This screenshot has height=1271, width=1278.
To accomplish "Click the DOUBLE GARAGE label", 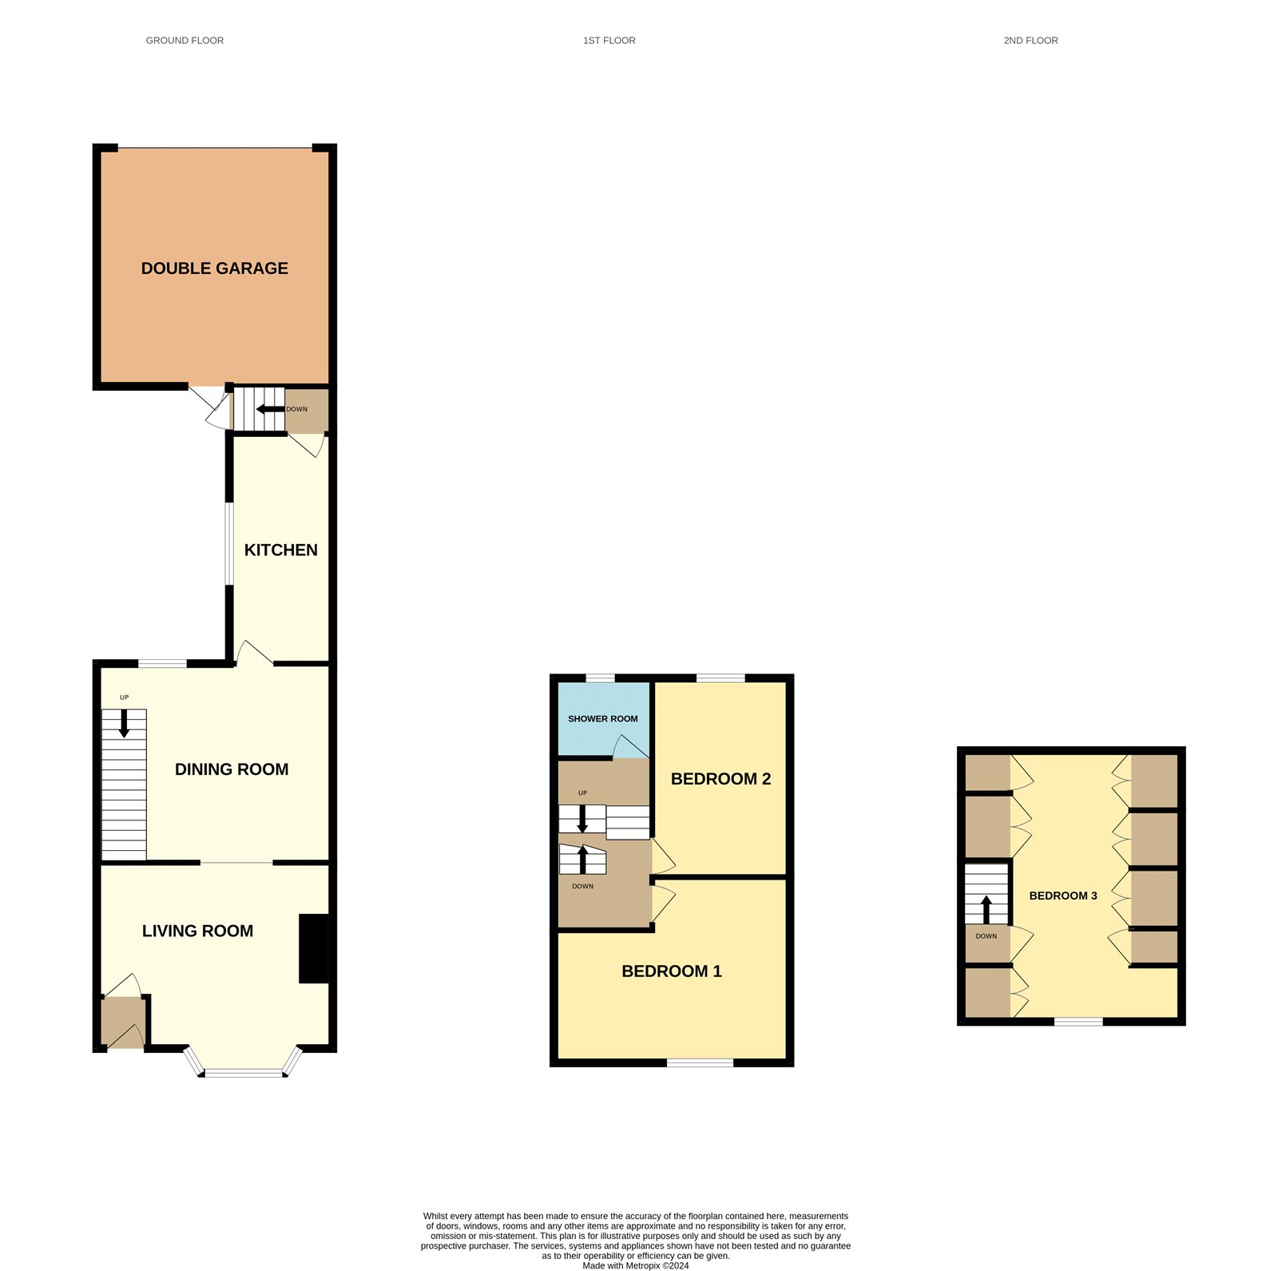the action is (214, 268).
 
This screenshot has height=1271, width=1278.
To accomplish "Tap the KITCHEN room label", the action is (280, 550).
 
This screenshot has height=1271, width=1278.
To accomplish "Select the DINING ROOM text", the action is (232, 769).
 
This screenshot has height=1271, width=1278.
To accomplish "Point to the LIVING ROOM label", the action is (197, 931).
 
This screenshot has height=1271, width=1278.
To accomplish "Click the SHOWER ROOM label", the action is (602, 719).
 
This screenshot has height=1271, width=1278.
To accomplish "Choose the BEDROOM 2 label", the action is (720, 779).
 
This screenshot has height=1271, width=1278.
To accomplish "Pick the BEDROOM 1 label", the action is (672, 971).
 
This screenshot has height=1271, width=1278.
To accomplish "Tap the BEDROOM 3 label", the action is (1063, 896).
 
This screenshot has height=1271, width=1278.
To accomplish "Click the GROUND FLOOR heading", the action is (185, 40).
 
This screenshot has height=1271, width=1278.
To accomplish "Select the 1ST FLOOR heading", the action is (609, 40).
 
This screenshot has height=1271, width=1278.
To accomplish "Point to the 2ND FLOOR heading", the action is (1030, 40).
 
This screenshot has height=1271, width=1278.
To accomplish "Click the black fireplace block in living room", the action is (314, 948).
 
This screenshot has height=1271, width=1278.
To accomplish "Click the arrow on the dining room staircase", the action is (124, 724).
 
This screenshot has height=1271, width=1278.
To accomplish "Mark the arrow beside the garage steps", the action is (271, 410).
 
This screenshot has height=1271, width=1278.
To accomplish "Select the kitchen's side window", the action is (228, 543).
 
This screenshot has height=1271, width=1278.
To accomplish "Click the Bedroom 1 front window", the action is (700, 1062).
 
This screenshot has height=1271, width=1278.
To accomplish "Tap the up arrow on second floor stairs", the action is (986, 910).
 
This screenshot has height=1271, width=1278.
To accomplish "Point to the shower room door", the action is (630, 747).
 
